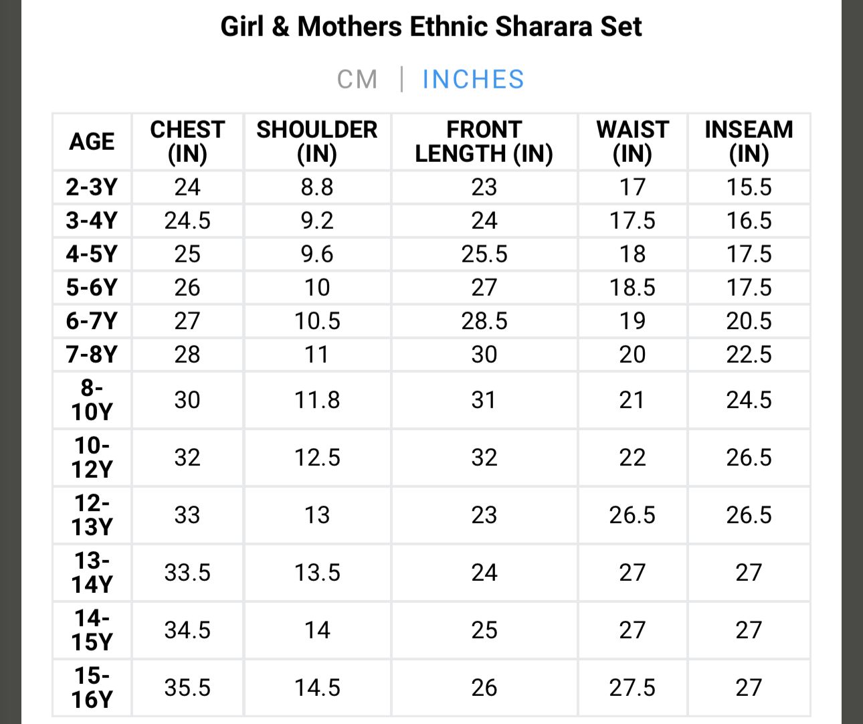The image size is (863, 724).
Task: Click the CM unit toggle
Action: [357, 80]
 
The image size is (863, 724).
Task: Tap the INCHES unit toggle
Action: [473, 80]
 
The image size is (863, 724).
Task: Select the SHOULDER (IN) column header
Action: [317, 141]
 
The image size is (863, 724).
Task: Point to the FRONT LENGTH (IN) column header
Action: [484, 141]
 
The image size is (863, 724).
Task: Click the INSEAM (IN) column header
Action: [749, 141]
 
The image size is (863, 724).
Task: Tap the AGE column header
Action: [92, 142]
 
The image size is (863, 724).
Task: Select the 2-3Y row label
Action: [92, 187]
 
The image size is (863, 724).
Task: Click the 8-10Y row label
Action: [92, 399]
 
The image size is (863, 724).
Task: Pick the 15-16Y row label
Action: [92, 687]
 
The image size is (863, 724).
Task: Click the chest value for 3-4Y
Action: [187, 221]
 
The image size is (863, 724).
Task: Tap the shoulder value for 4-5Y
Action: [317, 254]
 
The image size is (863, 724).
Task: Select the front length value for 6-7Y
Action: [484, 321]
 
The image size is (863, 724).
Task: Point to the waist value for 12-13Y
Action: [632, 515]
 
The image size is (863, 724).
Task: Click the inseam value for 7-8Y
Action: [749, 355]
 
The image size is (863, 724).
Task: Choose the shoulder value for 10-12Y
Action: [317, 458]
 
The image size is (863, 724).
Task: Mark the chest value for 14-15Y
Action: [187, 630]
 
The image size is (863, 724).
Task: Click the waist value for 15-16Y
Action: [632, 688]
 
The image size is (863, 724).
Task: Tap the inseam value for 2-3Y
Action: [749, 187]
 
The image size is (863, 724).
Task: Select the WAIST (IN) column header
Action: [632, 141]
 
